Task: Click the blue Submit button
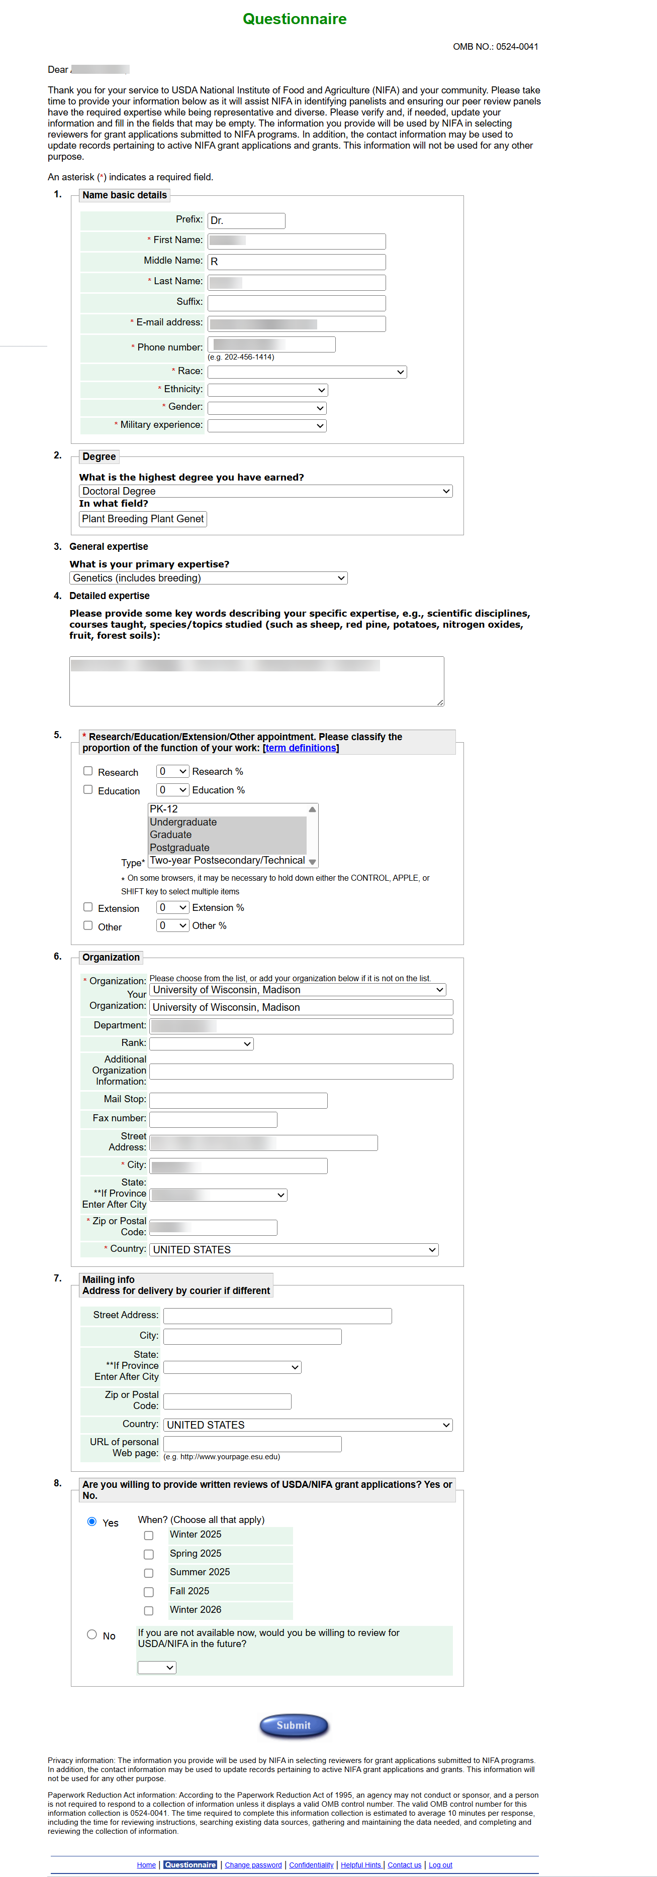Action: coord(294,1725)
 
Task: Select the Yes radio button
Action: coord(92,1521)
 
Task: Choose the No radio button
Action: coord(92,1634)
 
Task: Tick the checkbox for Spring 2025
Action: coord(149,1554)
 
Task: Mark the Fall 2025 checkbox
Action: coord(149,1592)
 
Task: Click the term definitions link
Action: coord(301,748)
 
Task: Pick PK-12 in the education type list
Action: coord(164,809)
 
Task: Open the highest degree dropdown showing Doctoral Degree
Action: coord(265,491)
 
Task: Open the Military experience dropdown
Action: coord(267,425)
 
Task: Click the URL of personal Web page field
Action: coord(252,1444)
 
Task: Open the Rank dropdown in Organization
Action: coord(201,1044)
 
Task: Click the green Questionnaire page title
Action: coord(295,19)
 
